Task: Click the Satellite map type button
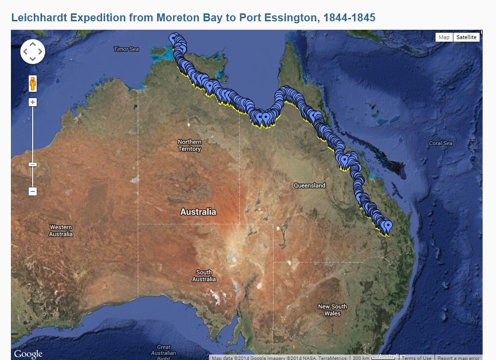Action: (466, 37)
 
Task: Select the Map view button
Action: (444, 37)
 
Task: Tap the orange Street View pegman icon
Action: (33, 83)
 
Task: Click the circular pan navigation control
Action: (33, 52)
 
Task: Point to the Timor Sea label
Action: (126, 49)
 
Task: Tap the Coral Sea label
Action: (441, 143)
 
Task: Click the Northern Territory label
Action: (190, 145)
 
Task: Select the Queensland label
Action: (310, 185)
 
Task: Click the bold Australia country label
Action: (198, 212)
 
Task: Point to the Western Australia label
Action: (61, 231)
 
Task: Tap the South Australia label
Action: (204, 276)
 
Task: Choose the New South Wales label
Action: (332, 310)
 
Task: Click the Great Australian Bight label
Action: (164, 353)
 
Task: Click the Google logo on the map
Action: (28, 354)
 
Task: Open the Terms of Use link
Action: (416, 358)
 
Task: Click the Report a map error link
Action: (458, 358)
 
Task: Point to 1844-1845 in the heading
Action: (349, 18)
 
